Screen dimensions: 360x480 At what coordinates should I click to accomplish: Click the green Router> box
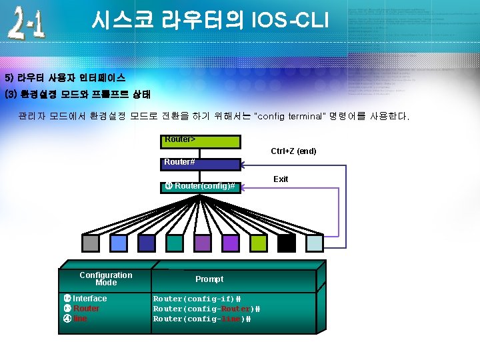[x=201, y=141]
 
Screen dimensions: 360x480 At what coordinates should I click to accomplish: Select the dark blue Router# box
[x=201, y=163]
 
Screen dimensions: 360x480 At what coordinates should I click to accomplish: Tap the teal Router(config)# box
[x=201, y=186]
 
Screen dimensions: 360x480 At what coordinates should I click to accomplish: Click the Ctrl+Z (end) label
[x=293, y=151]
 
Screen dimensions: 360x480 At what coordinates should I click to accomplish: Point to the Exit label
[x=281, y=179]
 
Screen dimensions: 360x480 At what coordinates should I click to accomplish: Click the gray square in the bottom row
[x=90, y=243]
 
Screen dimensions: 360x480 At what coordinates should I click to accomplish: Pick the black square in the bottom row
[x=287, y=243]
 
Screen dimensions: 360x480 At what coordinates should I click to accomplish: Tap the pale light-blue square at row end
[x=315, y=243]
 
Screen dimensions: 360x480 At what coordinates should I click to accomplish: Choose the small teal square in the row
[x=175, y=243]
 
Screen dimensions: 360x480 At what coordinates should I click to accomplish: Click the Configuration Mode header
[x=106, y=279]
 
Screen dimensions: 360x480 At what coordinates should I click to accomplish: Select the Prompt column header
[x=209, y=279]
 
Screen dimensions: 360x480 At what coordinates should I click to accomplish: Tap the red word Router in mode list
[x=87, y=309]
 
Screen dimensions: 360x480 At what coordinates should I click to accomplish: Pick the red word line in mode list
[x=80, y=319]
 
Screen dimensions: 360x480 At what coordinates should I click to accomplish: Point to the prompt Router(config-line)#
[x=202, y=319]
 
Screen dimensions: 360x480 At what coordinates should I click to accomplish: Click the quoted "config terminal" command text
[x=291, y=117]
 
